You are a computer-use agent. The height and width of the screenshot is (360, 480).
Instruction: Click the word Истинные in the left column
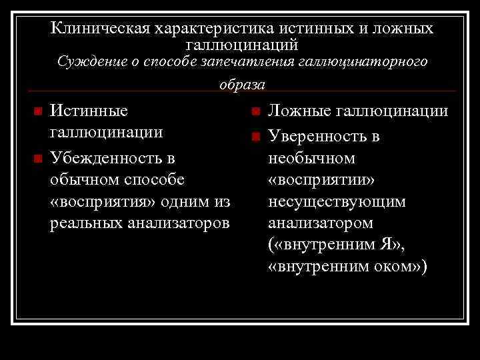pyautogui.click(x=89, y=110)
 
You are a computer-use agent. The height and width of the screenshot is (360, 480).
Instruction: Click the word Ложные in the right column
pyautogui.click(x=299, y=110)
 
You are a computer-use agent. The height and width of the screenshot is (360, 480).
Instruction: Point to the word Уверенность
pyautogui.click(x=318, y=137)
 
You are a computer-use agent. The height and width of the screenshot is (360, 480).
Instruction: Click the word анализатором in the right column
pyautogui.click(x=320, y=223)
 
